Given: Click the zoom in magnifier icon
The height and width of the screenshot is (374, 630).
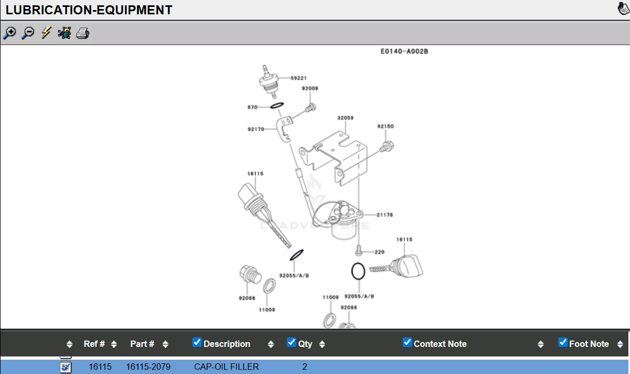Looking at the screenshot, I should tap(10, 33).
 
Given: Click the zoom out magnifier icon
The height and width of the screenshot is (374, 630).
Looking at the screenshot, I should tap(28, 33).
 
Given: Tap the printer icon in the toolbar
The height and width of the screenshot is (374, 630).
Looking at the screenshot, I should tap(82, 33).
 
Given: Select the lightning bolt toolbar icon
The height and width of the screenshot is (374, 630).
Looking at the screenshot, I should tap(46, 33).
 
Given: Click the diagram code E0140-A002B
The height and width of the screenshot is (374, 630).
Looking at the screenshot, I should tap(404, 52).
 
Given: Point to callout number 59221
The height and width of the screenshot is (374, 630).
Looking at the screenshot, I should tap(299, 78).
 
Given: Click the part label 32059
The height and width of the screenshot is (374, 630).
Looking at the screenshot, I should tap(345, 118).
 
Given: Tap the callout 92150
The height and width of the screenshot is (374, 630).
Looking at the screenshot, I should tap(386, 126).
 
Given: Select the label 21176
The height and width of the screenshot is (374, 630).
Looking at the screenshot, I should tap(385, 215).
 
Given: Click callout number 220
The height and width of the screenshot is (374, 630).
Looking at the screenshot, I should tap(379, 252).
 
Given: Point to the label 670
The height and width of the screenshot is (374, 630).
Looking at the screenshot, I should tap(252, 107).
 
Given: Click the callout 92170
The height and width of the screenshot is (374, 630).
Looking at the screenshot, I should tap(256, 129).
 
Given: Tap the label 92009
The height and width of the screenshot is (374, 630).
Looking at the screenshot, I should tap(310, 89).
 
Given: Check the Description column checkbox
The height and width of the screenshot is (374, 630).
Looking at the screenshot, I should tap(197, 343).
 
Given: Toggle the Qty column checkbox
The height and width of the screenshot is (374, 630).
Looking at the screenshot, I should tap(291, 343).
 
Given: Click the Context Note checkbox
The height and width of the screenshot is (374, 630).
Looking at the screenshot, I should tap(407, 343).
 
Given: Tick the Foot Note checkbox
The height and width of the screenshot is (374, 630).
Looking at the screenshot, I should tap(563, 343).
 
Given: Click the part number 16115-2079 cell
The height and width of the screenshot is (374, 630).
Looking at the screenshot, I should tap(148, 367).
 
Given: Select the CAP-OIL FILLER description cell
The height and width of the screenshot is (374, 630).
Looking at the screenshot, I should tap(226, 367).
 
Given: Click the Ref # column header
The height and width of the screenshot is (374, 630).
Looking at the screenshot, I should tap(94, 344).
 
